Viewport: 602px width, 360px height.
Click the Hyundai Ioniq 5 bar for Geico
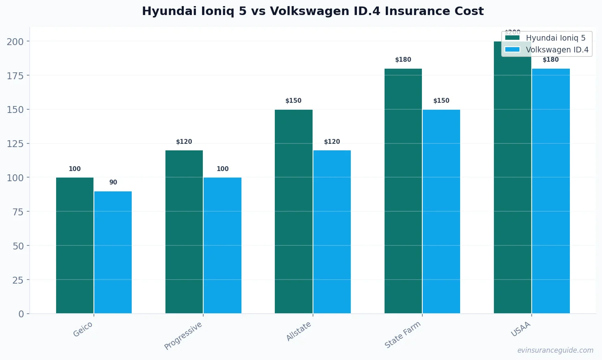[x=75, y=245]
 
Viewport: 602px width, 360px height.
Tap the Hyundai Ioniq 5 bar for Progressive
[x=184, y=232]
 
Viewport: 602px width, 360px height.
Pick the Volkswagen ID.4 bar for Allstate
[x=332, y=232]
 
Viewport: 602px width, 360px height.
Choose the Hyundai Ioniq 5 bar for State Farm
[x=403, y=191]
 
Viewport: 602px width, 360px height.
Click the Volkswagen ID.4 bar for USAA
[x=551, y=191]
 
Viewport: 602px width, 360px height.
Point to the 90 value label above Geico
[x=113, y=182]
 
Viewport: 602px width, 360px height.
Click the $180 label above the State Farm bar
[x=403, y=60]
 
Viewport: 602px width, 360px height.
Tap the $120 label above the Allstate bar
[x=332, y=142]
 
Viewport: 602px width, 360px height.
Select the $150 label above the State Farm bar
[x=441, y=101]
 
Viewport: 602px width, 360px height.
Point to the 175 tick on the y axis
[x=15, y=76]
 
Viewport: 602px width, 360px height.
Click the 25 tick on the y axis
[x=18, y=280]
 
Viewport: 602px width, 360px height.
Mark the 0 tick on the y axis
[x=21, y=314]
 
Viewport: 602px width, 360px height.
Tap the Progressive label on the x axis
[x=183, y=336]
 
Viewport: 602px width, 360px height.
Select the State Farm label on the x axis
[x=402, y=334]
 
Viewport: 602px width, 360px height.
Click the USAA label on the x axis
[x=521, y=329]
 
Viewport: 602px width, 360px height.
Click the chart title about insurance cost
[x=313, y=11]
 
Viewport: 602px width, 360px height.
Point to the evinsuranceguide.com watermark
[x=555, y=350]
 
